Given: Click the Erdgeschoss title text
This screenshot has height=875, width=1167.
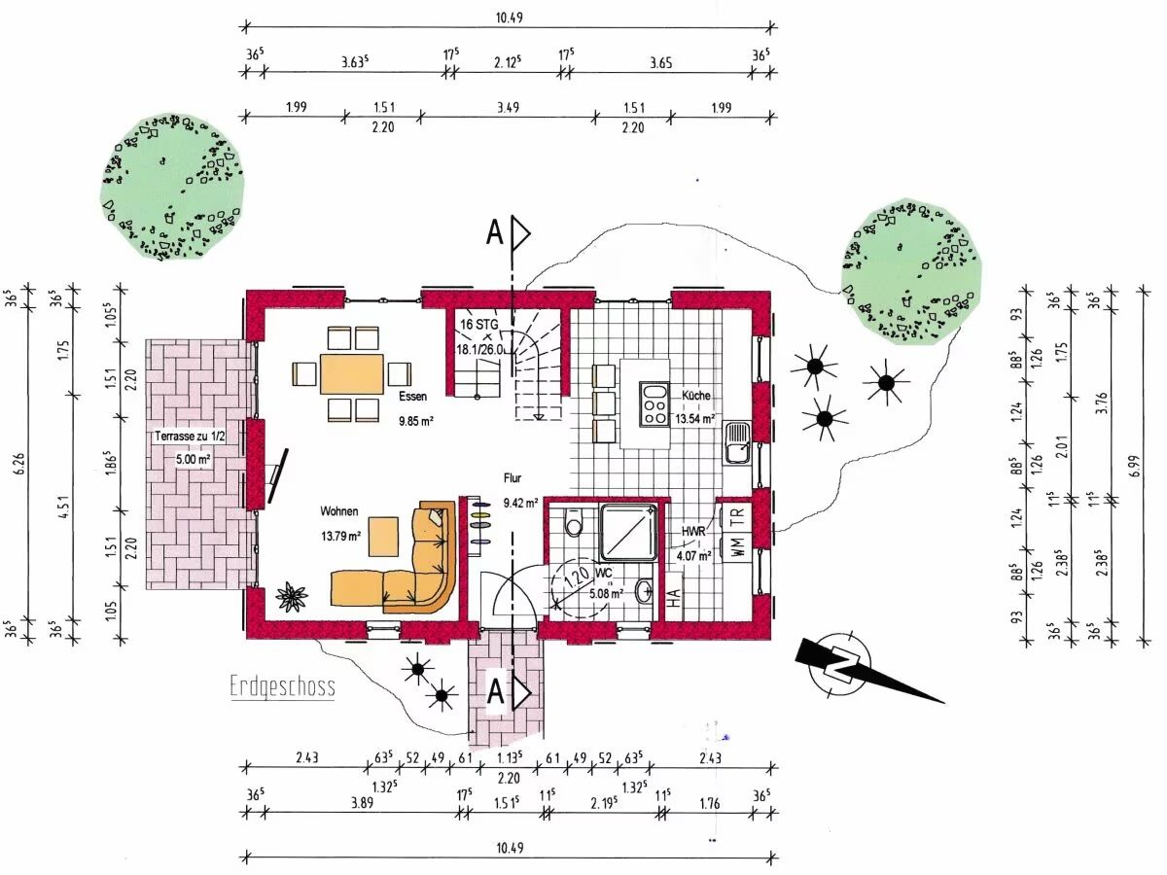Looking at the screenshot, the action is pos(282,685).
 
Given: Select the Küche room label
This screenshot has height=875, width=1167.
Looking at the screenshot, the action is pos(696,396).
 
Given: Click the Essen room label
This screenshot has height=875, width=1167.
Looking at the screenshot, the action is pos(413,397).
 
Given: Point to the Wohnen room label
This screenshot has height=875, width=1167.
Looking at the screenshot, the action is pos(339,511).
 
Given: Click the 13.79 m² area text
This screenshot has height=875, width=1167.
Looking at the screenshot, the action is pos(340,536).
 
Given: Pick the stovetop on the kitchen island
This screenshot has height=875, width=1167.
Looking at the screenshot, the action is pos(654,403).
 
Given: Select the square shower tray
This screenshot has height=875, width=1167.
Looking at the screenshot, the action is pos(628,533).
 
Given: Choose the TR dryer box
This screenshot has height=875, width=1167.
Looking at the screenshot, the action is pos(737,516).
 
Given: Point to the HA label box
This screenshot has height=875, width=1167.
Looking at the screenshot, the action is pos(673,597).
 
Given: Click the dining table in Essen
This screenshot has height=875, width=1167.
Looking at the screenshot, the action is pos(351,374).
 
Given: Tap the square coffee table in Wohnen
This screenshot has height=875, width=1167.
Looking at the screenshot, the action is pos(383,537).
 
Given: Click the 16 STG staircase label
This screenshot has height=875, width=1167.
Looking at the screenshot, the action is pos(479,324).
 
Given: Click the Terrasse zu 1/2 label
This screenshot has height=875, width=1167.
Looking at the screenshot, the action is pos(190,437).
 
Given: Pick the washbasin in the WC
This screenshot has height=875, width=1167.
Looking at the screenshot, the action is pos(645,591).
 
